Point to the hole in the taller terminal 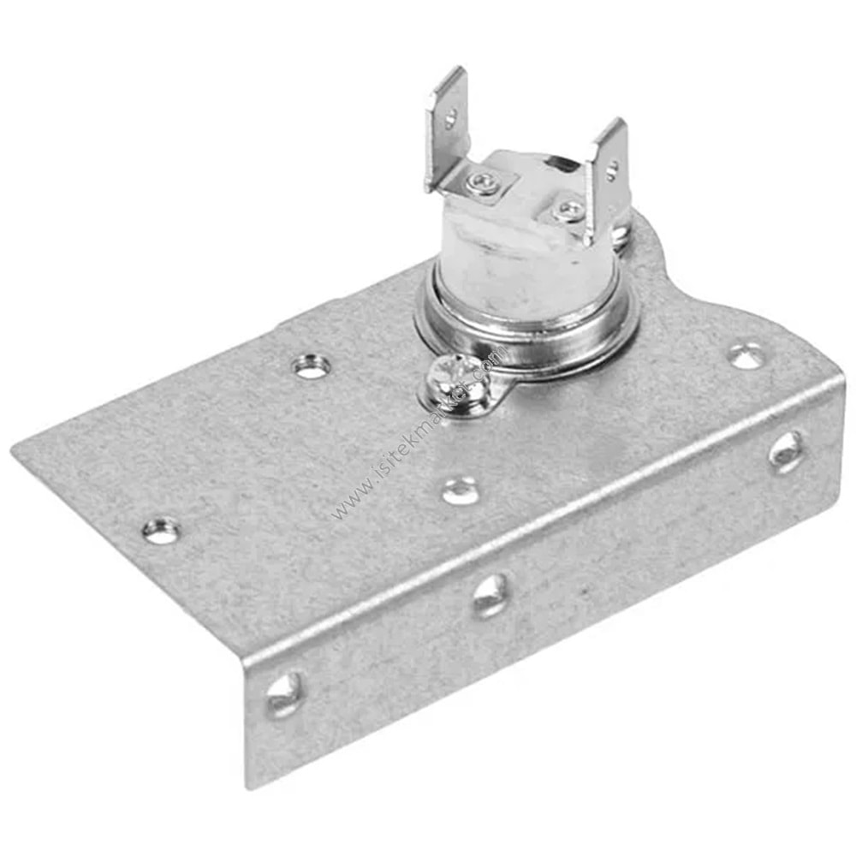[450, 119]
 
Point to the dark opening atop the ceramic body [561, 160]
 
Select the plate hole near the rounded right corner [746, 354]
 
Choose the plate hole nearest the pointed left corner [161, 531]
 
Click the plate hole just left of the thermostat [311, 366]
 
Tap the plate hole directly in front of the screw [460, 490]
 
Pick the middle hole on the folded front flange [491, 595]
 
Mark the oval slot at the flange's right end [786, 450]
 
